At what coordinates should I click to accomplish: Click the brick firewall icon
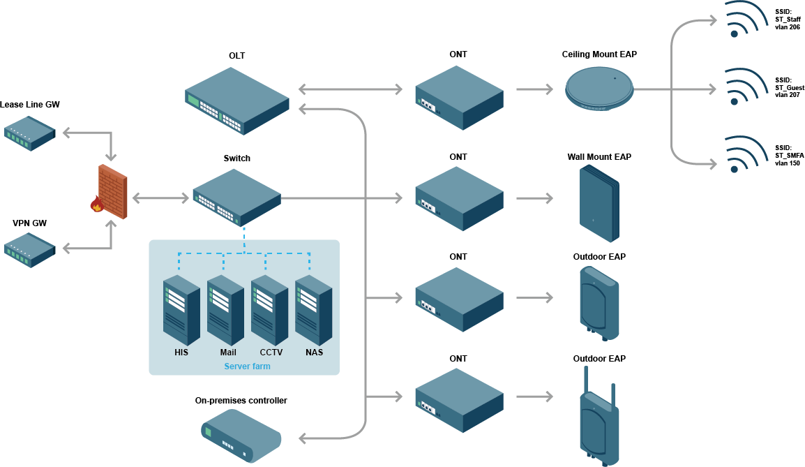coord(113,192)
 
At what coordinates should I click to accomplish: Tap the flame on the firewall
coord(97,204)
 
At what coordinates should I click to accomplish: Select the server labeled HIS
coord(181,310)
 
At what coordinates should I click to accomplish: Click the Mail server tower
coord(225,310)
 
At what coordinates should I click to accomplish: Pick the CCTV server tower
coord(269,310)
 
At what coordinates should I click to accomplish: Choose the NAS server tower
coord(313,310)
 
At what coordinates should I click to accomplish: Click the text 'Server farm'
coord(247,366)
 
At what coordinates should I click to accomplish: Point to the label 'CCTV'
coord(271,353)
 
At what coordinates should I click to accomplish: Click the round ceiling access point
coord(599,89)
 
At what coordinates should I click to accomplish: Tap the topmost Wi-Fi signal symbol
coord(744,19)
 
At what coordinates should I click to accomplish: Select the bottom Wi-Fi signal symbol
coord(744,155)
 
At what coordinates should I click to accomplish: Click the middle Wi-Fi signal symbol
coord(744,87)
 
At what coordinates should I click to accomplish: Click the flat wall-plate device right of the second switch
coord(599,204)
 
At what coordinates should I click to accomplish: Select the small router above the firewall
coord(29,133)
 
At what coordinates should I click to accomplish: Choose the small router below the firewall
coord(29,250)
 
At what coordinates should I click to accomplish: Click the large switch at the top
coord(237,101)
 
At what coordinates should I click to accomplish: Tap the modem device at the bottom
coord(241,436)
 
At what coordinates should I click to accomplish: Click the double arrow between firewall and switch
coord(161,198)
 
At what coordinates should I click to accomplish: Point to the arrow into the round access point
coord(534,89)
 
